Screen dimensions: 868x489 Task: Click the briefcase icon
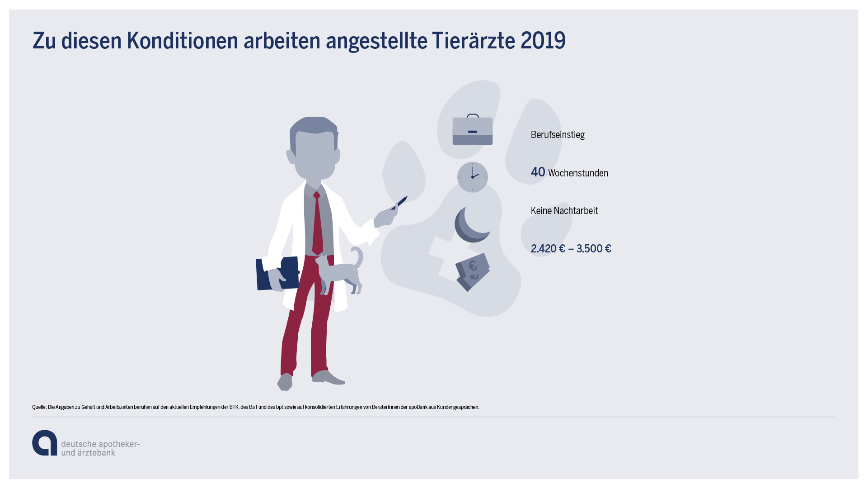coord(473,130)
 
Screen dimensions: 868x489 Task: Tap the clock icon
coord(473,177)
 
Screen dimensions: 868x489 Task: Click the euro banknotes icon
coord(473,272)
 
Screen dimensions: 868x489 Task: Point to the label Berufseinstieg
coord(558,135)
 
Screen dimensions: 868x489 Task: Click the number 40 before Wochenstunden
coord(538,172)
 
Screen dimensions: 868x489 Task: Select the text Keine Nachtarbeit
coord(564,211)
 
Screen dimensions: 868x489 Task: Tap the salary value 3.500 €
coord(594,249)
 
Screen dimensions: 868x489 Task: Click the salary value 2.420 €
coord(548,249)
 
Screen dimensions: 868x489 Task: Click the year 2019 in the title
coord(543,41)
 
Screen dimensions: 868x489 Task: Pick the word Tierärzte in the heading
coord(473,41)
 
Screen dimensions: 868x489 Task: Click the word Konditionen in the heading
coord(182,41)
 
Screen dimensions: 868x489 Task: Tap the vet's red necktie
coord(318,223)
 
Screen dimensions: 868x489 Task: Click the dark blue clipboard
coord(277,273)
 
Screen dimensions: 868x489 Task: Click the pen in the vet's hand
coord(399,203)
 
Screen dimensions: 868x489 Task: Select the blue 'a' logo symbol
coord(45,443)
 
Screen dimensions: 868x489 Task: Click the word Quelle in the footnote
coord(39,407)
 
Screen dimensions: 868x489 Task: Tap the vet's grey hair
coord(314,128)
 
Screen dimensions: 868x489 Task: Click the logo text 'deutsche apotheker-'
coord(100,444)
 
